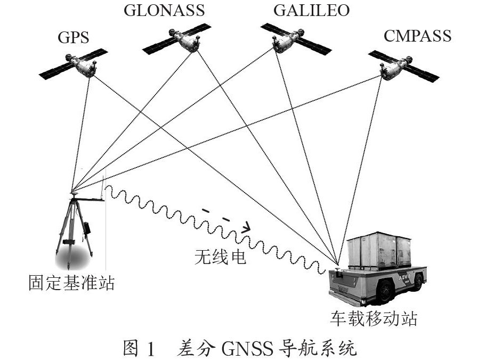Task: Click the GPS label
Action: coord(73,37)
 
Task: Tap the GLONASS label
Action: coord(164,10)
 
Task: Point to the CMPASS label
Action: coord(417,36)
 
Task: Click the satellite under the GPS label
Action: coord(86,66)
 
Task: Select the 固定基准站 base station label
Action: coord(71,282)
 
